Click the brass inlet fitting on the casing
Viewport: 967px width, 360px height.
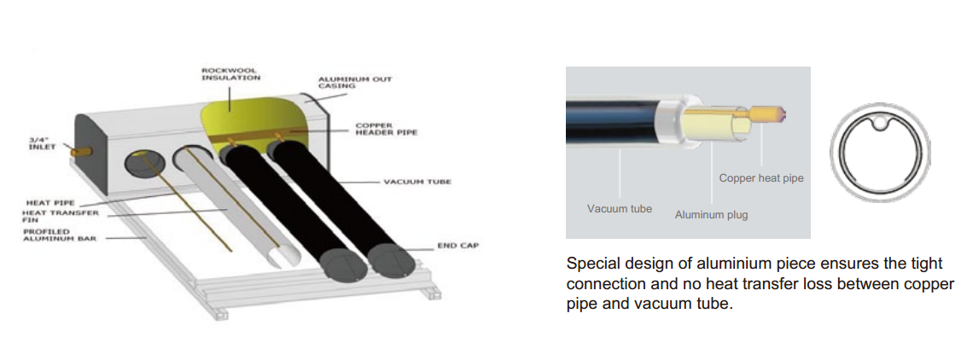point(83,150)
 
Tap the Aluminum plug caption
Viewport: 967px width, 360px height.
point(711,215)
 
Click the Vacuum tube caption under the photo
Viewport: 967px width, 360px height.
point(619,208)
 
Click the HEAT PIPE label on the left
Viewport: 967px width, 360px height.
point(47,202)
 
